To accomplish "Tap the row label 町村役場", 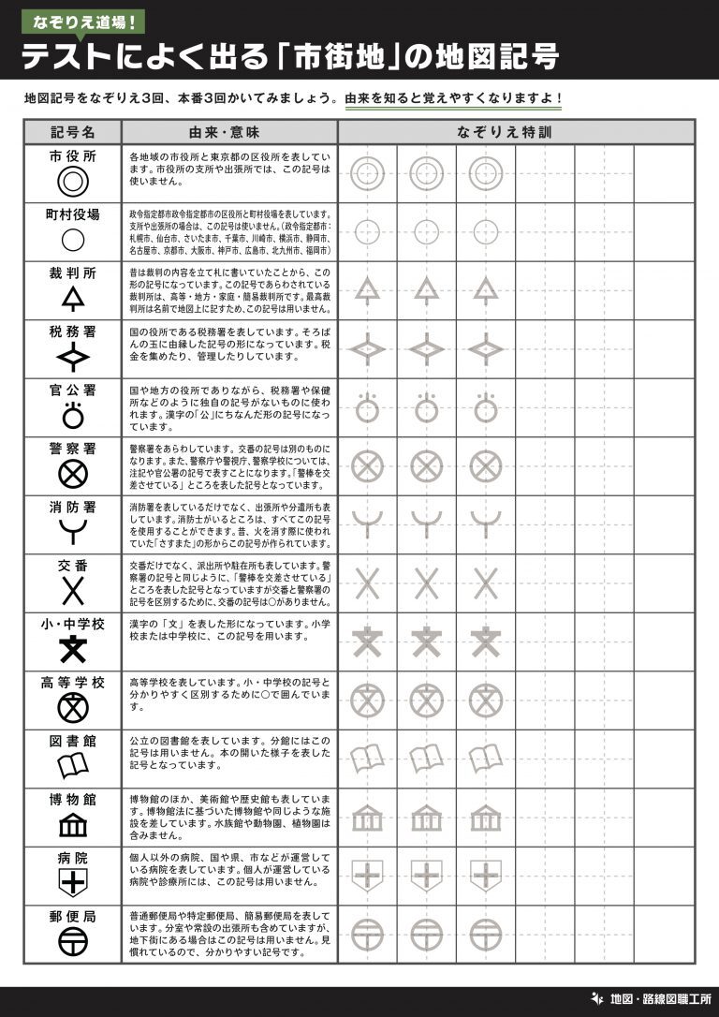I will click(x=72, y=214).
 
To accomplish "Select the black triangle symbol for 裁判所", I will click(x=72, y=297).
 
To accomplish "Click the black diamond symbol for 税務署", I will click(x=72, y=356).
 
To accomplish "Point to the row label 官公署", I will click(x=72, y=390).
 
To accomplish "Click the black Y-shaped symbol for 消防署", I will click(x=72, y=532).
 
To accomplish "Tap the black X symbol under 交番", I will click(x=72, y=590).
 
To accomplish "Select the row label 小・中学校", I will click(x=72, y=625).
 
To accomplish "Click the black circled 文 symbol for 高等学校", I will click(x=72, y=707).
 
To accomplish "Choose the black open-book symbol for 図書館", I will click(x=72, y=766).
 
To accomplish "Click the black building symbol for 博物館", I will click(x=72, y=825).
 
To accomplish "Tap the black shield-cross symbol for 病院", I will click(x=72, y=882).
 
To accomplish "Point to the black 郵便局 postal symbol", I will click(x=72, y=941).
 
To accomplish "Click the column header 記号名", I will click(x=72, y=132).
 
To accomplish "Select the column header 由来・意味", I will click(x=228, y=132).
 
